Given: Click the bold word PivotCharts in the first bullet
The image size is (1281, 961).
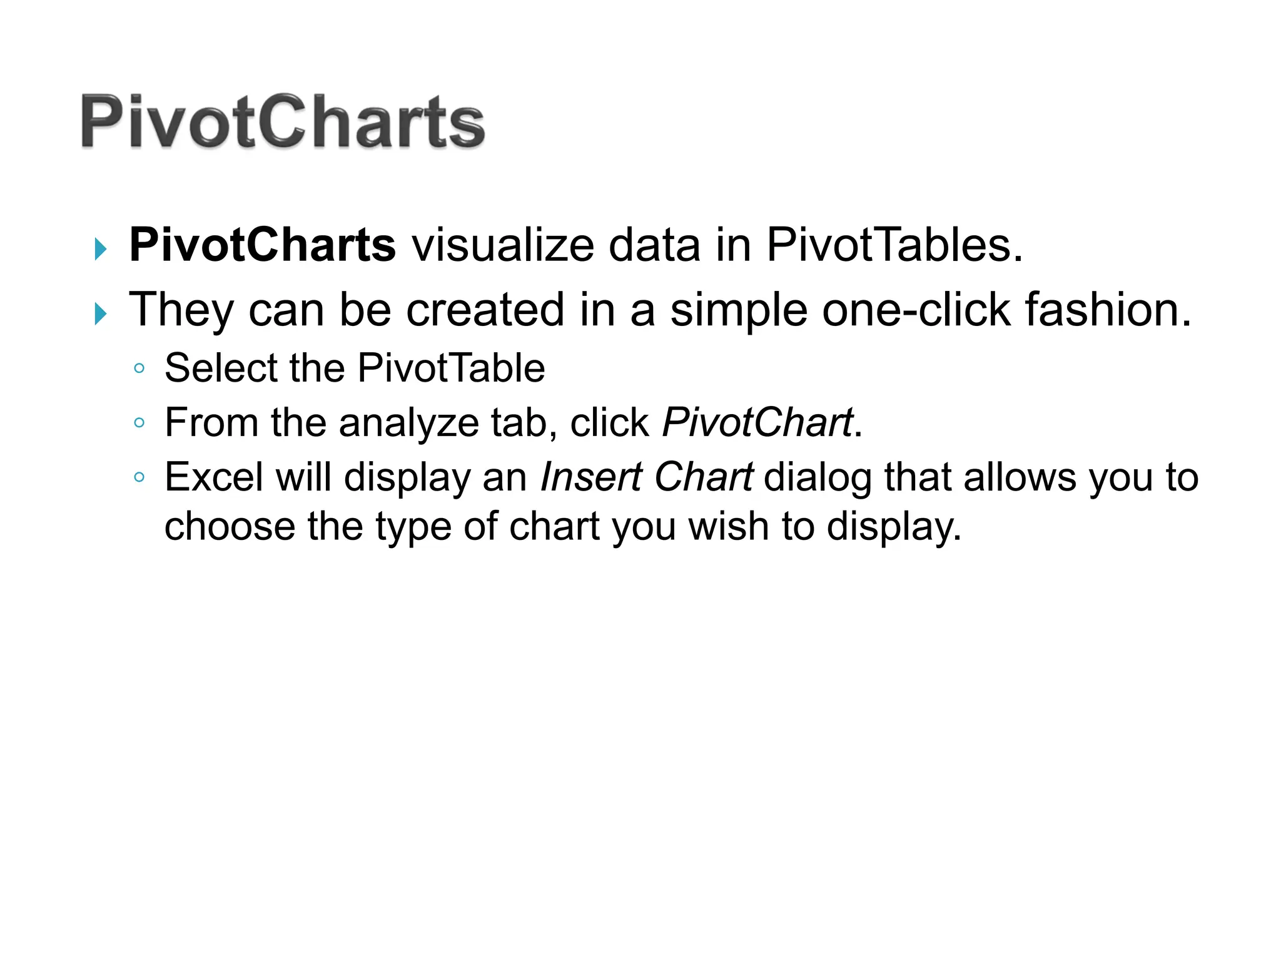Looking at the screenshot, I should [262, 245].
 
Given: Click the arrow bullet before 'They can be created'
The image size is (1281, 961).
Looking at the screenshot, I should [100, 313].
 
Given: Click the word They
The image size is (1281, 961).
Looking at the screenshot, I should [181, 310].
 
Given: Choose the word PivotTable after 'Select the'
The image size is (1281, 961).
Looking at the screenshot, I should [451, 368].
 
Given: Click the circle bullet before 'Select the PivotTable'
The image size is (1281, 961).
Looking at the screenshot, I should [139, 369].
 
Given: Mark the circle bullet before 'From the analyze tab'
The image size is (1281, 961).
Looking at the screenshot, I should [139, 424].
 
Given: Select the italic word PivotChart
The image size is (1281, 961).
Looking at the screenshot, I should [757, 423].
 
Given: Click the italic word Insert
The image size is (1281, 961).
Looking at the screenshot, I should [591, 477].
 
